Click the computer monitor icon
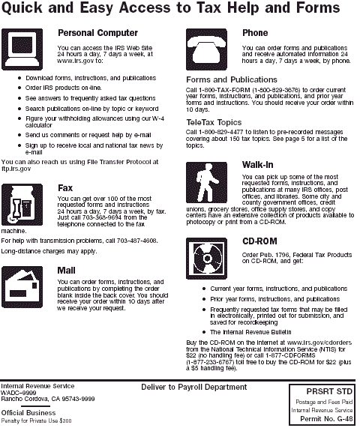[x=22, y=49]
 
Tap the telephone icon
[x=206, y=49]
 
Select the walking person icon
[x=206, y=182]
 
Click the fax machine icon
[x=22, y=205]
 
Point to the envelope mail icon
[x=22, y=287]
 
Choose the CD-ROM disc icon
[x=206, y=258]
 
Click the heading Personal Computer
[x=97, y=33]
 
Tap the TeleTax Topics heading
[x=214, y=122]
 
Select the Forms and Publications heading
[x=232, y=79]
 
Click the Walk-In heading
[x=257, y=165]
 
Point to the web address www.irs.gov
[x=76, y=61]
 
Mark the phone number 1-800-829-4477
[x=220, y=132]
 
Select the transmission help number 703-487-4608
[x=136, y=241]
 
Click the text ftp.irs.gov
[x=16, y=169]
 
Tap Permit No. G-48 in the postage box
[x=326, y=419]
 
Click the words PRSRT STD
[x=329, y=392]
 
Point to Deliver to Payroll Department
[x=194, y=388]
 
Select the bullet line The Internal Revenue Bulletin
[x=250, y=332]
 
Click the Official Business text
[x=28, y=413]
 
